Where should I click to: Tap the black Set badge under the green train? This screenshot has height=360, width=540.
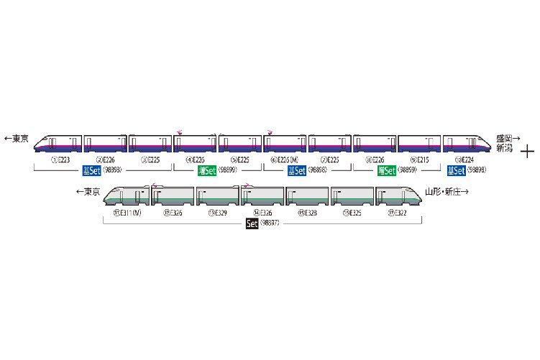[252, 224]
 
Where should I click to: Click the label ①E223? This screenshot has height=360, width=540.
[60, 160]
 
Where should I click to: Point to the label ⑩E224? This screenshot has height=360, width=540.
[465, 160]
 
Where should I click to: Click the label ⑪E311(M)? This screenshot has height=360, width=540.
[127, 212]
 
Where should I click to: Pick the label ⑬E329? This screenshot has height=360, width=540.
[218, 212]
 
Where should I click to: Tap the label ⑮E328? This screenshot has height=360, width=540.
[307, 212]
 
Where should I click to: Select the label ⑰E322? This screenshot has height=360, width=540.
[397, 212]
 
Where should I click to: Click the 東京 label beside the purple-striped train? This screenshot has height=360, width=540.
[17, 139]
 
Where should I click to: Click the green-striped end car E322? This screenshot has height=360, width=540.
[399, 197]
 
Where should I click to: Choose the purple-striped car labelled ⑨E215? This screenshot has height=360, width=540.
[419, 144]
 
